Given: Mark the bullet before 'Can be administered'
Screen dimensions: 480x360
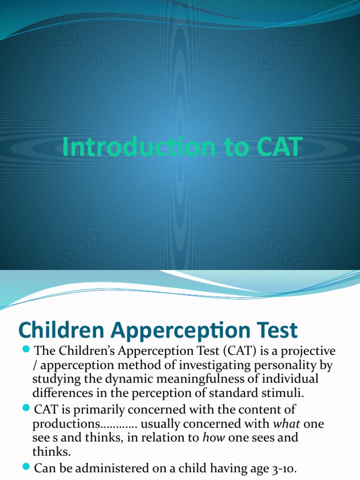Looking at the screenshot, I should [27, 467].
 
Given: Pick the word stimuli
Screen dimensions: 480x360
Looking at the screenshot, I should [280, 392].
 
